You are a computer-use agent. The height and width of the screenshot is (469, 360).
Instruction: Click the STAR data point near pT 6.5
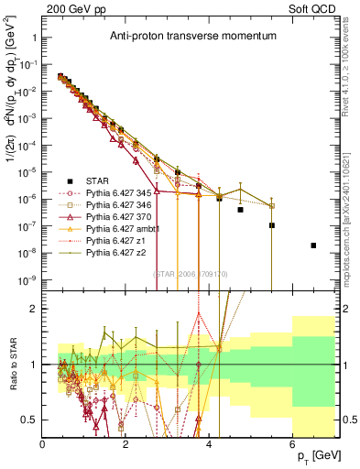tap(313, 245)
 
